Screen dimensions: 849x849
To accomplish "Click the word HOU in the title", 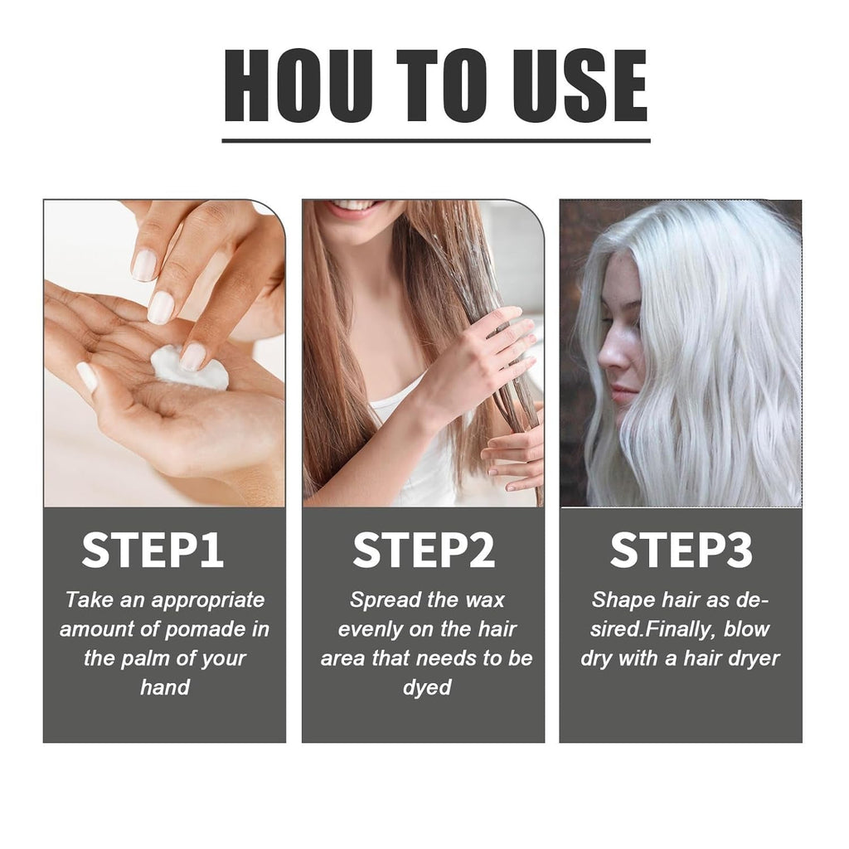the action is [x=298, y=85].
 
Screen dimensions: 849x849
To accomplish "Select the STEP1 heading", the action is [x=153, y=550].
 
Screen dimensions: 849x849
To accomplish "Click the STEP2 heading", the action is [x=424, y=550].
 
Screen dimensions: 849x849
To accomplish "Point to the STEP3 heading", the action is [x=682, y=550].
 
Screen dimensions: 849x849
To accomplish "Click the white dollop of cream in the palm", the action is [x=190, y=369].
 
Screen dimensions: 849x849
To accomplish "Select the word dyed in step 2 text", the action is [x=427, y=688].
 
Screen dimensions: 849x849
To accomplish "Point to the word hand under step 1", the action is [x=165, y=687].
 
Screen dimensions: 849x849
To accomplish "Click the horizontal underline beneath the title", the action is [x=436, y=140].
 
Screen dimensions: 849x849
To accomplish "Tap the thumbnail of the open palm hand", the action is [x=86, y=376].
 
